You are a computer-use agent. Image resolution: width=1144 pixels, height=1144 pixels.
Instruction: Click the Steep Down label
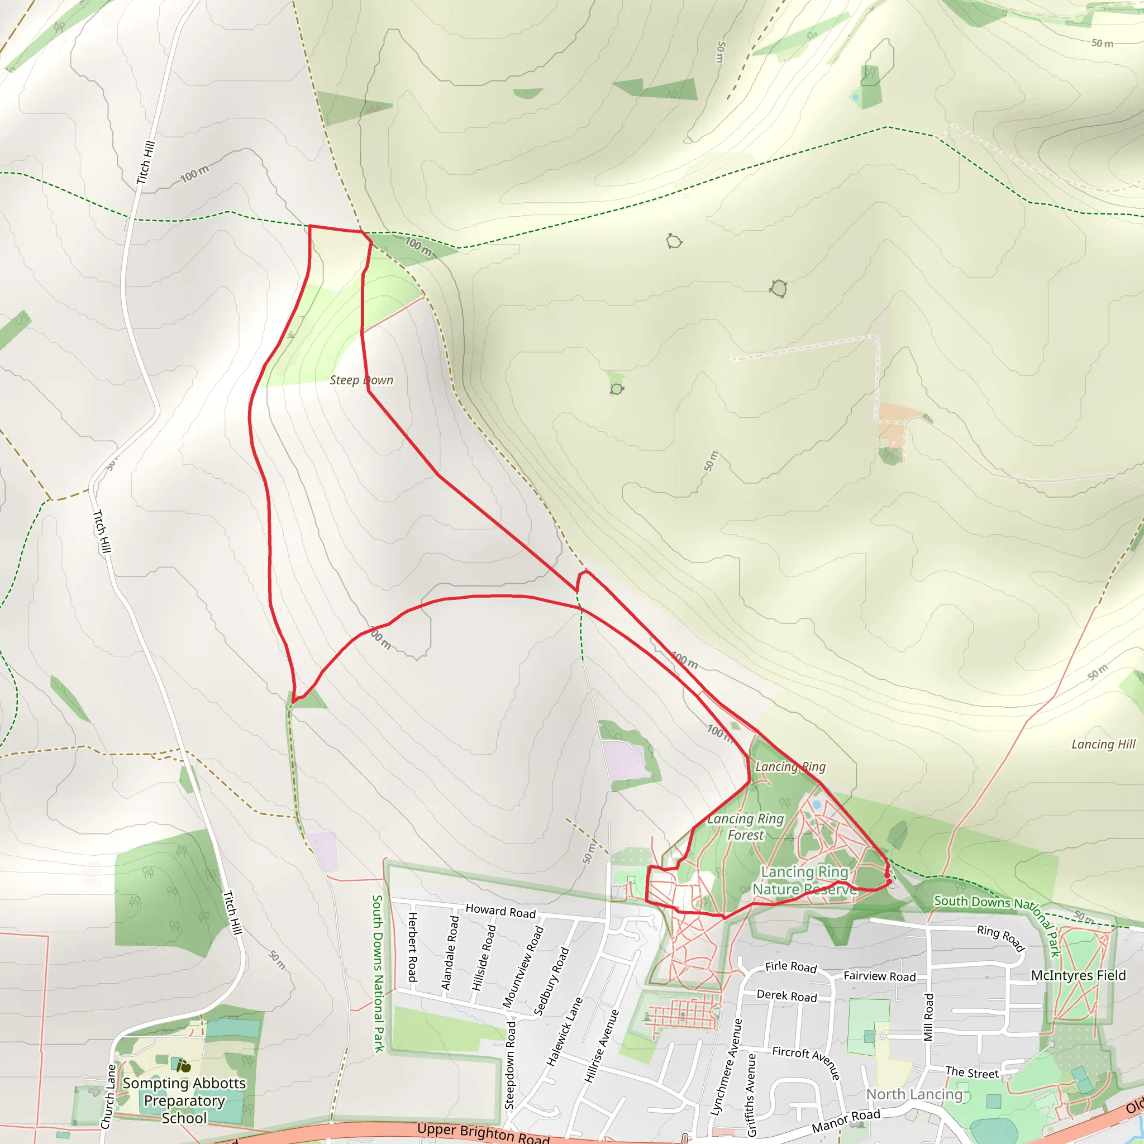point(361,380)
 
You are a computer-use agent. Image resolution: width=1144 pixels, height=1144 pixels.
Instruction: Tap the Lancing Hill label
point(1103,744)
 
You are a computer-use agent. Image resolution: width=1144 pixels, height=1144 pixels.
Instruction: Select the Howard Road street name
point(500,911)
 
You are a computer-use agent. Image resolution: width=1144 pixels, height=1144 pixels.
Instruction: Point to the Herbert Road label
point(413,947)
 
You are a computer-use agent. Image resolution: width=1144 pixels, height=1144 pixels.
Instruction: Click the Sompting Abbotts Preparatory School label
point(184,1100)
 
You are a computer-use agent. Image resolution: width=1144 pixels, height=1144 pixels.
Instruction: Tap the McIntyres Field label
point(1078,975)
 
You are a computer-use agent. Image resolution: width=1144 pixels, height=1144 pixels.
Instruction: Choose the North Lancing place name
point(914,1094)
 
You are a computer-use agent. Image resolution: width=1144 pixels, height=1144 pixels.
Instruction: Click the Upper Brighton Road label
point(483,1132)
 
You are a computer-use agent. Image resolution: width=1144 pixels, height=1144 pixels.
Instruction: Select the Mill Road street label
point(929,1017)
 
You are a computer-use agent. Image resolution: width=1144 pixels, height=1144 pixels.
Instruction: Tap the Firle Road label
point(790,967)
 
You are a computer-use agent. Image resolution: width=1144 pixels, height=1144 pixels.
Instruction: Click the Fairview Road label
point(879,976)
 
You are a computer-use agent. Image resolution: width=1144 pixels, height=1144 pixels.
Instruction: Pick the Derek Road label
point(786,996)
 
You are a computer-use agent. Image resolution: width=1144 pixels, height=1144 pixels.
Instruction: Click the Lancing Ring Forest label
point(746,827)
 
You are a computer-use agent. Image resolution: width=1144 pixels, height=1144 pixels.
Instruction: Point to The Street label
point(972,1072)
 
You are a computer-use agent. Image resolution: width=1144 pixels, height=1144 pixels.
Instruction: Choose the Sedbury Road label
point(551,981)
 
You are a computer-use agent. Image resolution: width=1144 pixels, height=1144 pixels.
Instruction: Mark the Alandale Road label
point(450,953)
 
